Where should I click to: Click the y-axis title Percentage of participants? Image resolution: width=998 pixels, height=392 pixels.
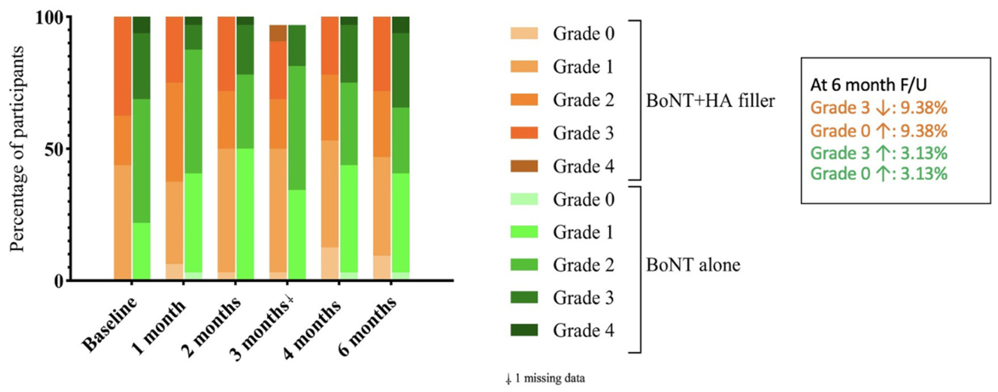[x=17, y=149]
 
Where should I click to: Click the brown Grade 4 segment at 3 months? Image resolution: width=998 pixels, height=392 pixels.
[x=278, y=33]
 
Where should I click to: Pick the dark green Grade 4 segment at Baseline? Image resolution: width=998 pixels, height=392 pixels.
[x=141, y=25]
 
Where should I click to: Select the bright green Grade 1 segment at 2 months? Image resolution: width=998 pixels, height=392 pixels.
[x=245, y=213]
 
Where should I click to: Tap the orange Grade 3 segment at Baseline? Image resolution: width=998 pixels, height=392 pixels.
[x=122, y=66]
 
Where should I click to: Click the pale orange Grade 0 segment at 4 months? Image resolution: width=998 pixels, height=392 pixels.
[x=330, y=263]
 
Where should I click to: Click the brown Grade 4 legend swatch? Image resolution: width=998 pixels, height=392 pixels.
[x=524, y=166]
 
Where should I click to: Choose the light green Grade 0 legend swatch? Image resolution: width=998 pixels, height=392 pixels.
[x=524, y=199]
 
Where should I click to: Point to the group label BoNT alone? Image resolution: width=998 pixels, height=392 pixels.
[x=693, y=265]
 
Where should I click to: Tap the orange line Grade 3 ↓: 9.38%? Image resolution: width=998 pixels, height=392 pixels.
[x=879, y=108]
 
